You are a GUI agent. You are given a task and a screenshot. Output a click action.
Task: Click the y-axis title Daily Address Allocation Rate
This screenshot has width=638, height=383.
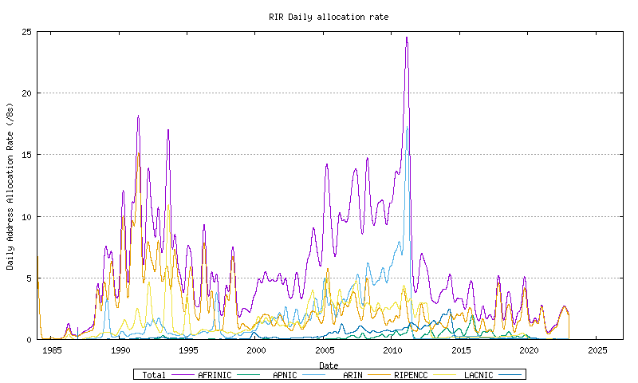[x=10, y=186]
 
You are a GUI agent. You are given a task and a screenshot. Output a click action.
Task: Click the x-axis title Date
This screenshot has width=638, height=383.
[x=329, y=365]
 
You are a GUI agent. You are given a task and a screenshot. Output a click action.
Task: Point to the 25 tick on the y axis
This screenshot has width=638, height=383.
[x=27, y=32]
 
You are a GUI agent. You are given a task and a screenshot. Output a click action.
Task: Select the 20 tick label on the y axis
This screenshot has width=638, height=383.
[x=27, y=93]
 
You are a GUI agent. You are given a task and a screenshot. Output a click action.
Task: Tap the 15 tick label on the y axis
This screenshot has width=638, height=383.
[x=27, y=155]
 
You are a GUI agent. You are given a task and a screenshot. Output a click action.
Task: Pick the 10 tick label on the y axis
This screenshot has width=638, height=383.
[x=27, y=216]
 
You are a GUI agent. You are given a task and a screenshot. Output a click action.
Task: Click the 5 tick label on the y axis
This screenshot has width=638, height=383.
[x=30, y=278]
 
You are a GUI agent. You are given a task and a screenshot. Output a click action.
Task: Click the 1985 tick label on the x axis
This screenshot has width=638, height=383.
[x=52, y=350]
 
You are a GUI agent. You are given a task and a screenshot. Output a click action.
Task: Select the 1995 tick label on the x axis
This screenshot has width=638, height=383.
[x=188, y=350]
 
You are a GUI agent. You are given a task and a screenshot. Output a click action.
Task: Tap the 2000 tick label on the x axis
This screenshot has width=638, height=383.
[x=257, y=350]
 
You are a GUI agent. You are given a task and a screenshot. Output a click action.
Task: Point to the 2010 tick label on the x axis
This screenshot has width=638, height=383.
[x=393, y=350]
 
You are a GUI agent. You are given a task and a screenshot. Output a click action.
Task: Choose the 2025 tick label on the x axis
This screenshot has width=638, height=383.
[x=597, y=350]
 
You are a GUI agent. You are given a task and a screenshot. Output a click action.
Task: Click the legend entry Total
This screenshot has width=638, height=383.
[x=154, y=374]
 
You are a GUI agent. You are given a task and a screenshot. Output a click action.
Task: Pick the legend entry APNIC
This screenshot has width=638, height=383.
[x=285, y=374]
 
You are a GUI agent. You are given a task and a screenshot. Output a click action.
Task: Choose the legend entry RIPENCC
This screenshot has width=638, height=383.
[x=412, y=374]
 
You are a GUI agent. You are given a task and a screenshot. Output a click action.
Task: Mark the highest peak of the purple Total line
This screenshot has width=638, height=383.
[x=407, y=38]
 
